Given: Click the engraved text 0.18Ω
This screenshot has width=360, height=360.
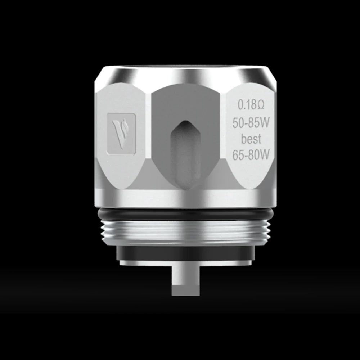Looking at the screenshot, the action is tap(251, 105).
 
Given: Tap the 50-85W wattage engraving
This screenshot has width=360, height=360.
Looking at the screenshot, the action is tap(251, 123).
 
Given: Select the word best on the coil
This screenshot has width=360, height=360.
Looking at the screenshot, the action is tap(251, 139).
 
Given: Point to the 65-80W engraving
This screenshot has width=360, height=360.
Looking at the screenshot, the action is tap(251, 155).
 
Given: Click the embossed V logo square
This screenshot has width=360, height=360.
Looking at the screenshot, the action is tap(121, 134).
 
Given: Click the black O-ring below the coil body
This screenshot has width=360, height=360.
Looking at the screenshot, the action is tap(185, 215).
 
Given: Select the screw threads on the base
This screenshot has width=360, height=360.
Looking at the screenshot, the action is tap(185, 232).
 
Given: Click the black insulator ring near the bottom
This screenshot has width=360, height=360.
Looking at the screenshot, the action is tap(185, 253).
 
